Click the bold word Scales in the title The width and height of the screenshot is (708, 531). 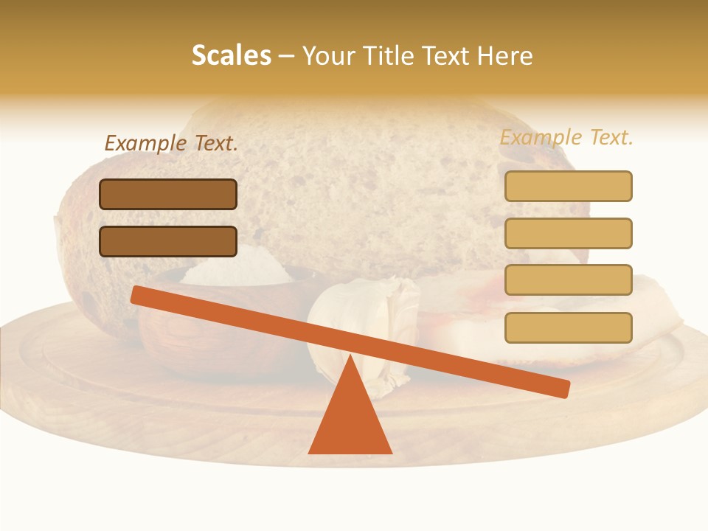pos(232,56)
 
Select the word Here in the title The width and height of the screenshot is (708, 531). pos(504,56)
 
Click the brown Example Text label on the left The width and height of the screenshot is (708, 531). pos(171,143)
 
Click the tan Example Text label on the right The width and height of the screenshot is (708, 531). pos(566,137)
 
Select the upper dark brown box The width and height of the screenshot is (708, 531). pos(168,194)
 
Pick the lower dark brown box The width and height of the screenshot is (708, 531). pos(168,241)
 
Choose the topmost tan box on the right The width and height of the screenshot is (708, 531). pos(568,186)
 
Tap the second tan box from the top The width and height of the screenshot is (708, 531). pos(568,233)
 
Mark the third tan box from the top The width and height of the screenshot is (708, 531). pos(568,280)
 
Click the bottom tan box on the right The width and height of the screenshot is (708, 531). pos(568,327)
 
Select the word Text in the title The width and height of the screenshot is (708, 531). pos(450,56)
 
